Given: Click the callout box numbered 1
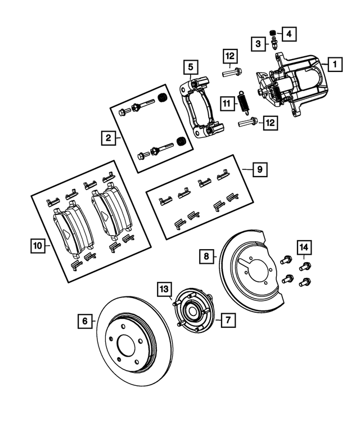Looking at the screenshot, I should point(334,65).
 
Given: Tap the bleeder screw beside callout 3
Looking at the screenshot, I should point(273,44).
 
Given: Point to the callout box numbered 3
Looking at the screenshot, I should point(257,44).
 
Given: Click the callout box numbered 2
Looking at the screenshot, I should point(106,136).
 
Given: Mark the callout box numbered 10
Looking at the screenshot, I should point(37,245).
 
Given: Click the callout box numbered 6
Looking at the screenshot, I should point(85,322).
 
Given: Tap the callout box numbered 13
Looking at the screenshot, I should point(164,289).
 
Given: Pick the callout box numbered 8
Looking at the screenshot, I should point(206,256).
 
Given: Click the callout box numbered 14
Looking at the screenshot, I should point(304,246).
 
